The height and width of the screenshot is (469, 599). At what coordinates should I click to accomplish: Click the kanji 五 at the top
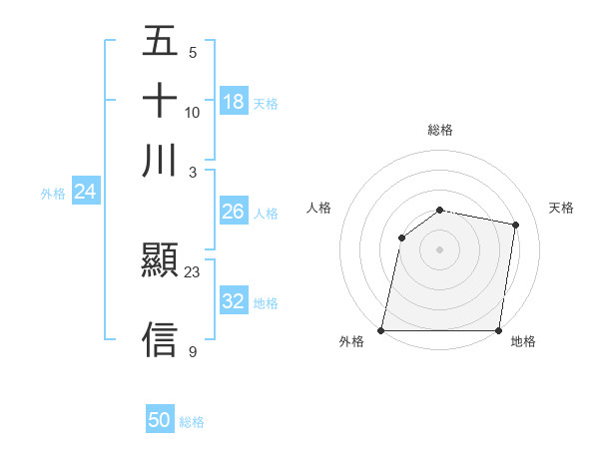160,42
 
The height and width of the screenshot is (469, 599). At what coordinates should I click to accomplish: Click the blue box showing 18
234,102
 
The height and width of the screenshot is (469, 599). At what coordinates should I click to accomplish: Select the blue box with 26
233,212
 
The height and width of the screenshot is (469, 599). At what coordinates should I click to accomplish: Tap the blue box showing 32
233,301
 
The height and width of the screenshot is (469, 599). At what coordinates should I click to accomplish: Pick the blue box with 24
85,192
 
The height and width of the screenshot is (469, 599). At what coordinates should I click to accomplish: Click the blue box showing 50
160,420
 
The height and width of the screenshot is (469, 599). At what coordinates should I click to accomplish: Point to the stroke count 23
193,271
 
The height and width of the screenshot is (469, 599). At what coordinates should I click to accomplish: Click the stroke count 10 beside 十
193,112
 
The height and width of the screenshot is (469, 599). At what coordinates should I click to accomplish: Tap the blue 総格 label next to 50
192,422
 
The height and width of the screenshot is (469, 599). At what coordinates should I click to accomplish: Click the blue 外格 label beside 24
53,194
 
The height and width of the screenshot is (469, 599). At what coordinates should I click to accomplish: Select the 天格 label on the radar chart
562,208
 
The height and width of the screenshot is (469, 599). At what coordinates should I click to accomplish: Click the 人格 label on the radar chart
318,208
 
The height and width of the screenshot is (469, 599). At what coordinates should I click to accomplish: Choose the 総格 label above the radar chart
440,130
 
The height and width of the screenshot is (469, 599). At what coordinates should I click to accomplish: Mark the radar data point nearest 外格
381,330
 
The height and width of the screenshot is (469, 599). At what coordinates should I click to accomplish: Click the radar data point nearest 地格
498,330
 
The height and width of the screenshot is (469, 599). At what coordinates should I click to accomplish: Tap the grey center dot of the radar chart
440,249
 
